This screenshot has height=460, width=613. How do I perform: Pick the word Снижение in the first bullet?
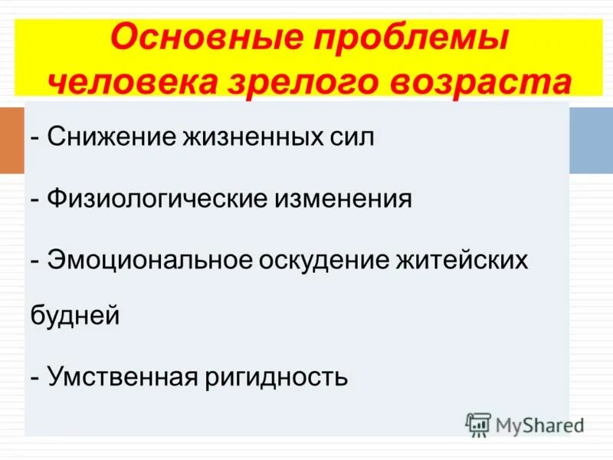click(107, 140)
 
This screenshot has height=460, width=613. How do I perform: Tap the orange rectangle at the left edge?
click(11, 140)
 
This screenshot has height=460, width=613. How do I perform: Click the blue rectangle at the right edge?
click(591, 140)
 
